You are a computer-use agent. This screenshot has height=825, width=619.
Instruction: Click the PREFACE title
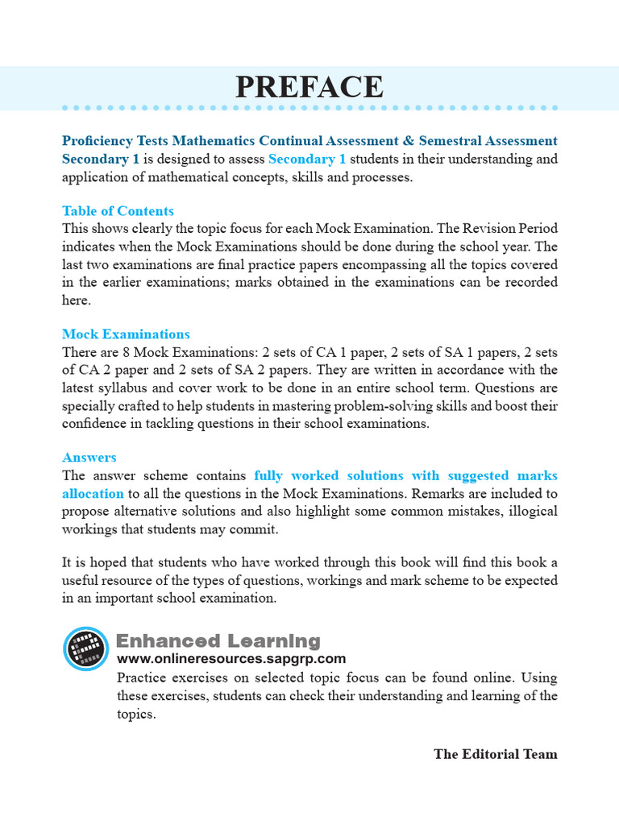coord(309,87)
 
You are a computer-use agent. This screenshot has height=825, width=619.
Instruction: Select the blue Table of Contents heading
coord(118,211)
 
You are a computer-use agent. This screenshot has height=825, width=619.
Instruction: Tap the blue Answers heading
coord(89,458)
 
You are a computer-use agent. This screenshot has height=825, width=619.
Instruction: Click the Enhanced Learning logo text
coord(218,641)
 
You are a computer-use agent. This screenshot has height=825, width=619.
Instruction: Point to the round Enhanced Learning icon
coord(85,649)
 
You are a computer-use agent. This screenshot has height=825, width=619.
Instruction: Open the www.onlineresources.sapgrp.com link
coord(231,659)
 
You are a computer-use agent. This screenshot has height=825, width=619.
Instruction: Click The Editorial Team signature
coord(495,754)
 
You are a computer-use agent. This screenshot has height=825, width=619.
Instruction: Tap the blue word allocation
coord(93,493)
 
